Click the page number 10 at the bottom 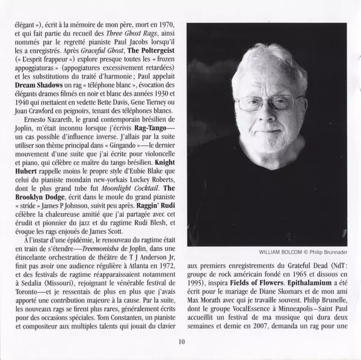182,343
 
